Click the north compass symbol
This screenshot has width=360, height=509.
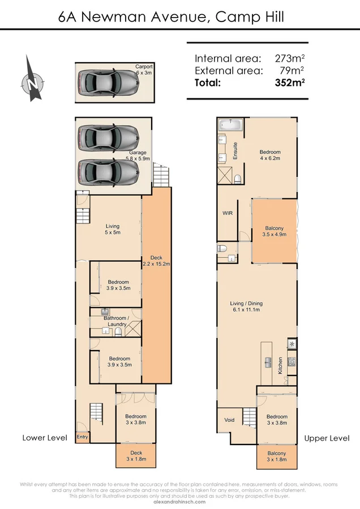32,80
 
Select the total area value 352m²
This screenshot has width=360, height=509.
290,83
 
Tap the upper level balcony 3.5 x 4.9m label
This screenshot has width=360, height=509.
273,231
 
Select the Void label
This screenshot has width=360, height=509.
229,420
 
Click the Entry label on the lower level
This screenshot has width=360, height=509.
82,437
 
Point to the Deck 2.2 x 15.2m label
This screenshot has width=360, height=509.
156,261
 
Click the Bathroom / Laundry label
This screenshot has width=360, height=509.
116,321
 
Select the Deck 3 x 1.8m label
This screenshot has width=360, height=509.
136,456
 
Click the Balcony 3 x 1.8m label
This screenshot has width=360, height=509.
277,456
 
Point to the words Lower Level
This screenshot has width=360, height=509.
45,438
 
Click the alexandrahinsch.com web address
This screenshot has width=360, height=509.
180,502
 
